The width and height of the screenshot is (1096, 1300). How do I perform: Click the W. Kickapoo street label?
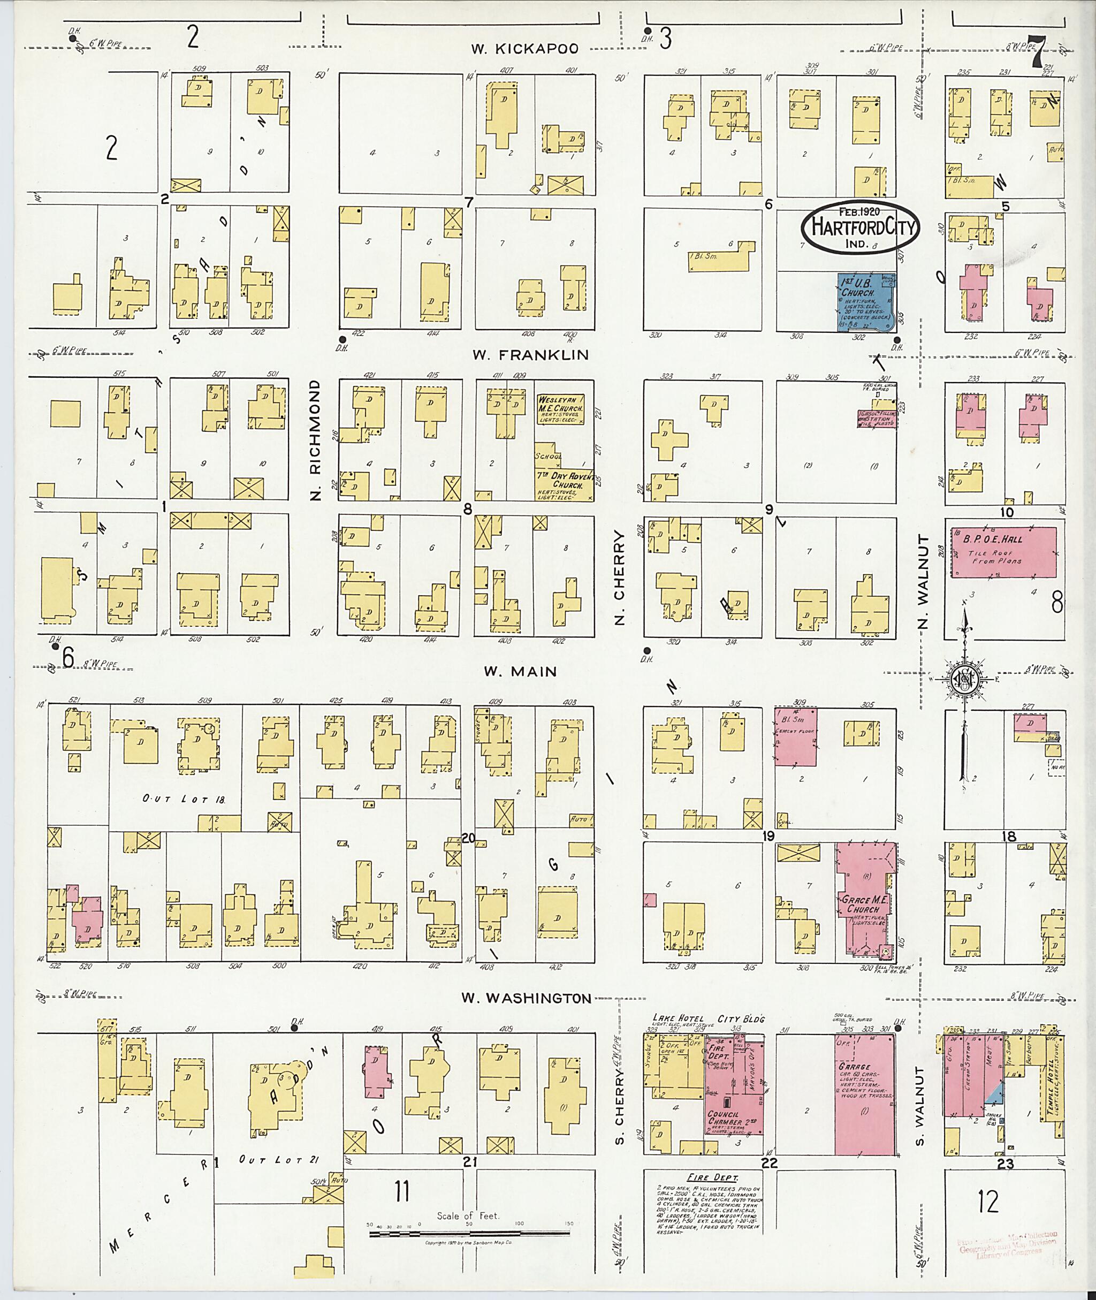[524, 49]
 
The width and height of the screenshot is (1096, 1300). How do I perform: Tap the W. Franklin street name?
[530, 355]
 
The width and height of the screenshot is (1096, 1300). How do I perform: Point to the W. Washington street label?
[526, 998]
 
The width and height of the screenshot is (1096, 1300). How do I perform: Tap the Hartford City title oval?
[858, 227]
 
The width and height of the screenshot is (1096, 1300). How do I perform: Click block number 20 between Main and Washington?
[468, 838]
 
